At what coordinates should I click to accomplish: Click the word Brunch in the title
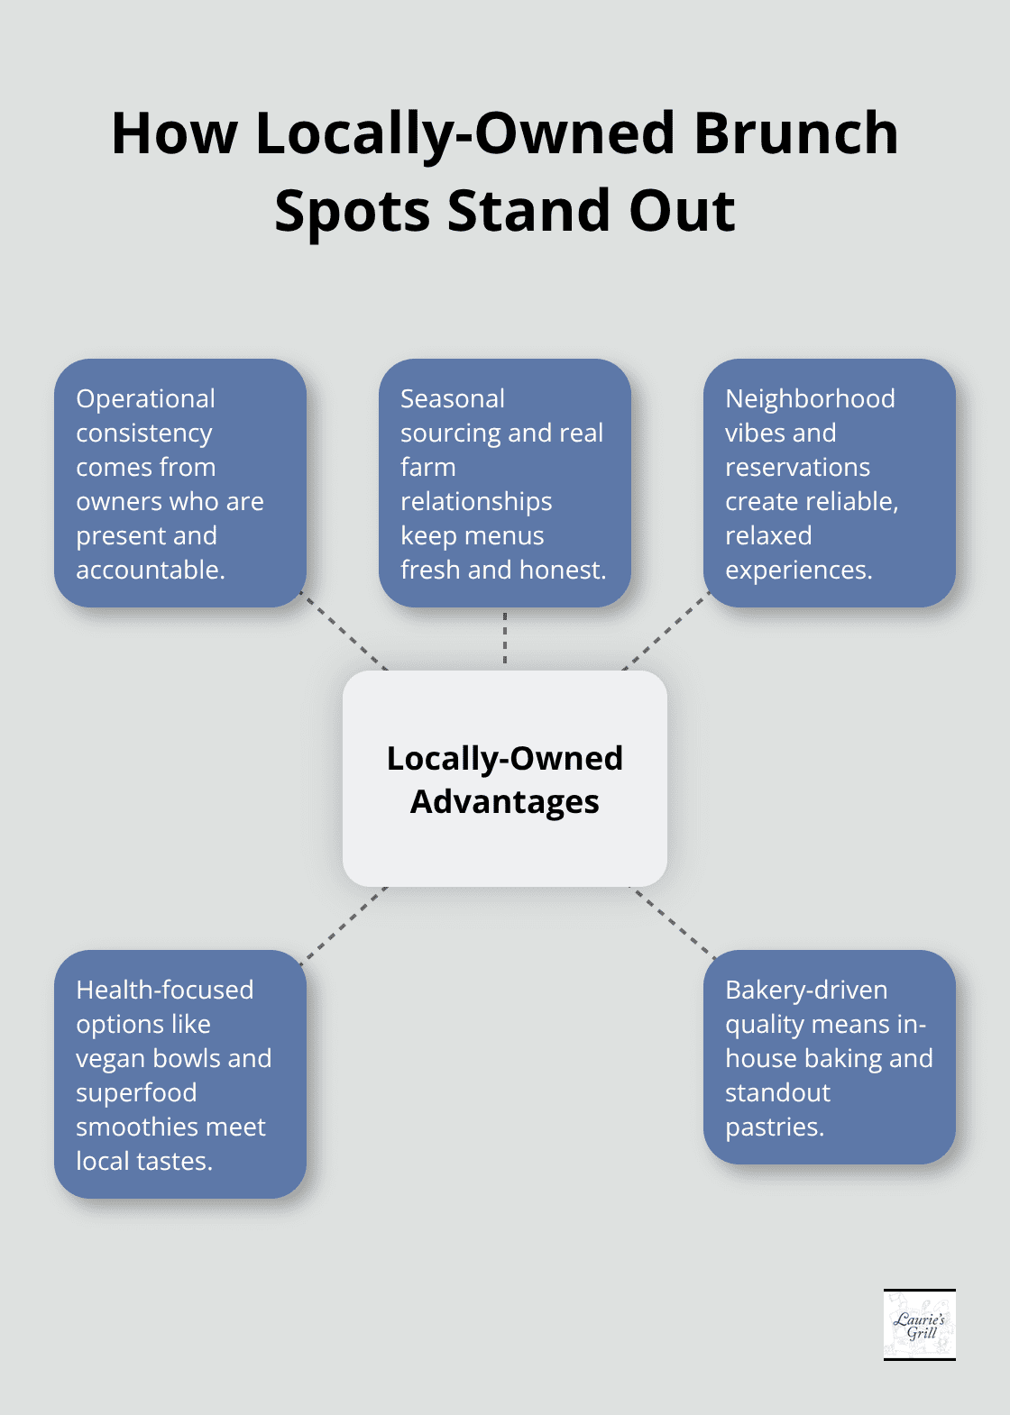[x=796, y=133]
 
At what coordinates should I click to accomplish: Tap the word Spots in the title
[x=353, y=211]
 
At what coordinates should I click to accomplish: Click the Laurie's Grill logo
[x=919, y=1324]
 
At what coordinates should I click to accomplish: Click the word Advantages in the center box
[x=505, y=801]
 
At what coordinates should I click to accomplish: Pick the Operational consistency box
[x=180, y=483]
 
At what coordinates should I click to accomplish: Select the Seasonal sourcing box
[x=505, y=483]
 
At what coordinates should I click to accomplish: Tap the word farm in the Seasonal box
[x=428, y=467]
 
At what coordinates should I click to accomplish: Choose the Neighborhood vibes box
[x=829, y=483]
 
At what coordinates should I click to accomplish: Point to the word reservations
[x=797, y=467]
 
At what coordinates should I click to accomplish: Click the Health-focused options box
[x=180, y=1074]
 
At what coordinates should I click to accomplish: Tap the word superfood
[x=136, y=1092]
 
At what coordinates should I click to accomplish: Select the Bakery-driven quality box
[x=829, y=1057]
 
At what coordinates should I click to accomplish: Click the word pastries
[x=774, y=1127]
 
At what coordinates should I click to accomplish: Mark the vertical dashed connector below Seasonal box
[x=505, y=638]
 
